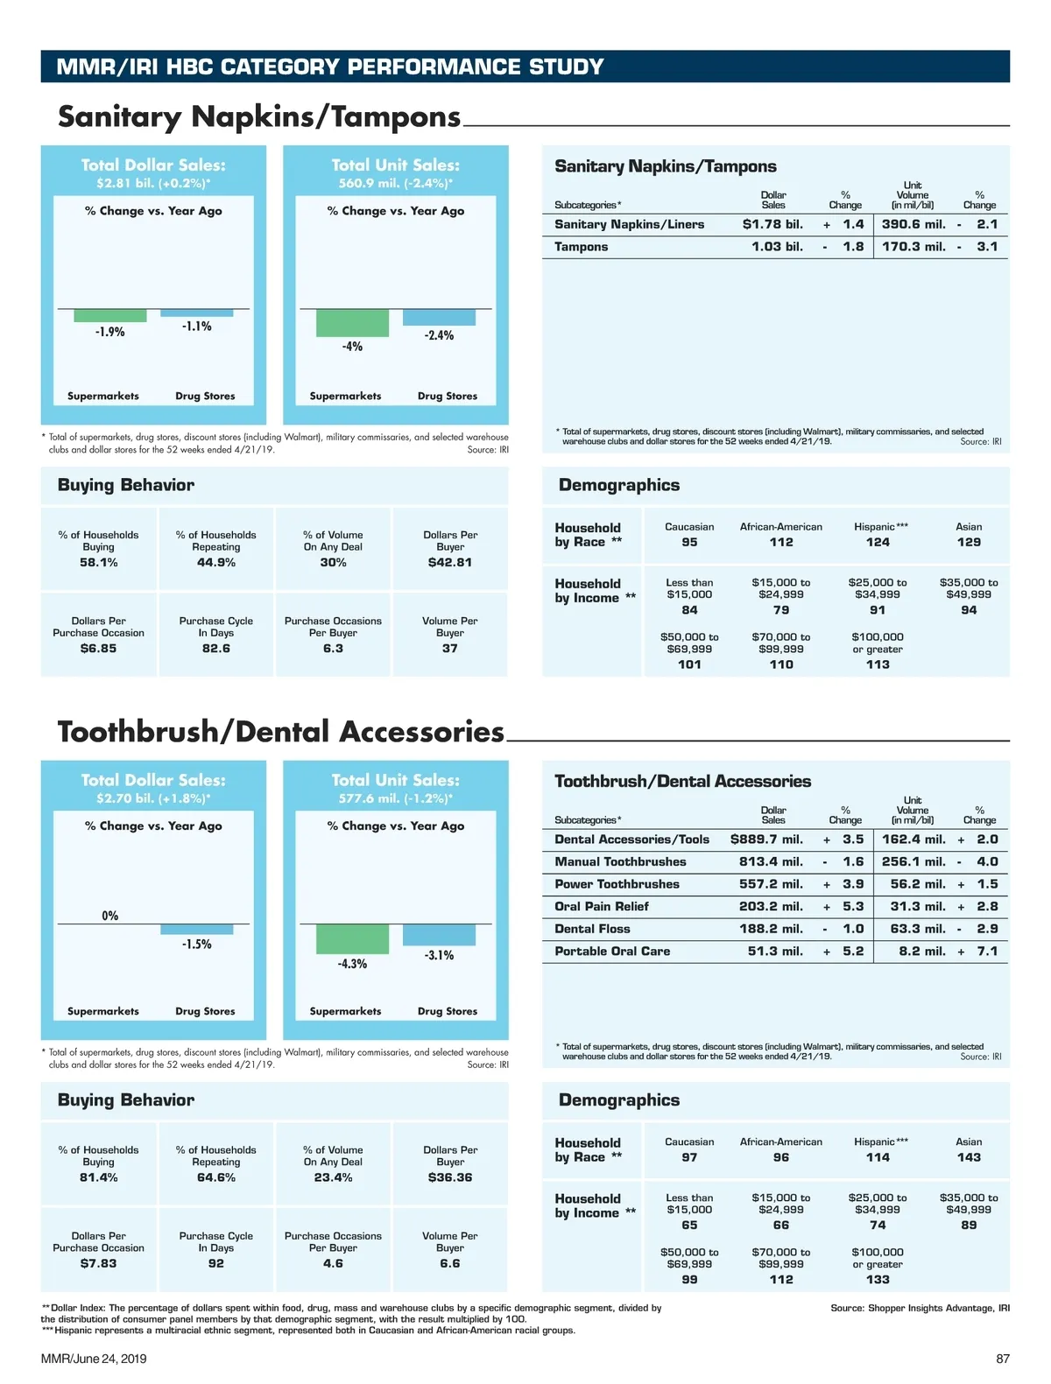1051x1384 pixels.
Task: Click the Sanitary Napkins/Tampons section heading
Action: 259,116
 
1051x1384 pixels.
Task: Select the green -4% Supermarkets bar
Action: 352,323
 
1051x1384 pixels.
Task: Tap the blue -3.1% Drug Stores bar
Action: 439,935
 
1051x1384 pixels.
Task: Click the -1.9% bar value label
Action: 110,332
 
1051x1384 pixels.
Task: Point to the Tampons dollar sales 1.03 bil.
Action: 777,247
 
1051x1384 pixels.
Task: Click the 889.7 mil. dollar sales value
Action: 766,840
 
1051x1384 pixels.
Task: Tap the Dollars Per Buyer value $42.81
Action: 450,563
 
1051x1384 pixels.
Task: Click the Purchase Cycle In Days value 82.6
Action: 216,649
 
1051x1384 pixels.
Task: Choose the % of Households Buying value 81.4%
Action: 99,1178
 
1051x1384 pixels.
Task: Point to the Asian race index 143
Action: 969,1157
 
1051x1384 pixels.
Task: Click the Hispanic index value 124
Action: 878,543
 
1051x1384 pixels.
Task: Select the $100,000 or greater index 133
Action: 878,1280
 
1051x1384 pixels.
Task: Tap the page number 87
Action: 1003,1359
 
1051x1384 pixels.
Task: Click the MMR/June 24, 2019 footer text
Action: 94,1359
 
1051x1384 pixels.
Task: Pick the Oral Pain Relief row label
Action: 602,907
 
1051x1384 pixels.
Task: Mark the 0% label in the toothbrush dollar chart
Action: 110,916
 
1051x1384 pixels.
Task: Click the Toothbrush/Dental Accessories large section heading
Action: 281,732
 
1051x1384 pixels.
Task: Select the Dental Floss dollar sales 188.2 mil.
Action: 771,929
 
